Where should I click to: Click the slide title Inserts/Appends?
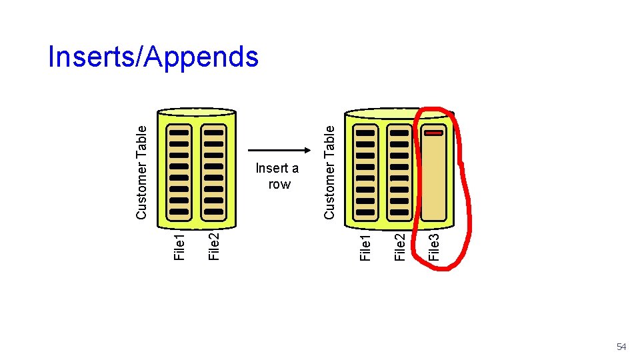(x=153, y=57)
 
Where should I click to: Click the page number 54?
(x=621, y=347)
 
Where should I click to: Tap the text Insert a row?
(x=277, y=176)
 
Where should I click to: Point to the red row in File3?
(x=433, y=133)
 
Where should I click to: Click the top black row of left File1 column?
(x=179, y=133)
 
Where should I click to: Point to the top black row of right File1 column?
(x=365, y=133)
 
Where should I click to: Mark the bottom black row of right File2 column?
(x=399, y=211)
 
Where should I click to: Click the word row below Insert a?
(x=279, y=184)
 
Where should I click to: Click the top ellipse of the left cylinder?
(x=196, y=112)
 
